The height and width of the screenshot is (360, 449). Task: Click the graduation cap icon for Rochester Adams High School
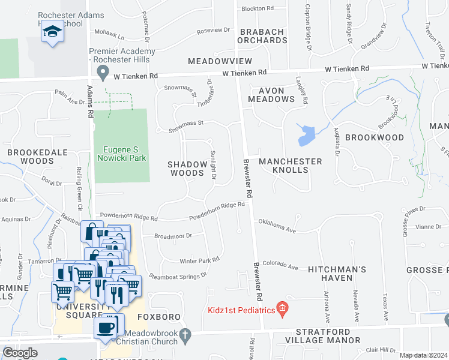coord(52,32)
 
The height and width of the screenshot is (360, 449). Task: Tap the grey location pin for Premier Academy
coord(103,74)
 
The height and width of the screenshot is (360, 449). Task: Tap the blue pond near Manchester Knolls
coord(306,135)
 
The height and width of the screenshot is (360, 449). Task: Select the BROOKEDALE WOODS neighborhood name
coord(37,157)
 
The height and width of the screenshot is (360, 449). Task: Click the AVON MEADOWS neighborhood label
coord(276,95)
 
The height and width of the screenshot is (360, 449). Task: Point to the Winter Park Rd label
coord(199,260)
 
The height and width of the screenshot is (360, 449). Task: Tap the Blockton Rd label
coord(257,9)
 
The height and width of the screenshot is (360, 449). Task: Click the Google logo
coord(20,352)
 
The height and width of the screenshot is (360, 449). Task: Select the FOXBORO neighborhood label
coord(155,316)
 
